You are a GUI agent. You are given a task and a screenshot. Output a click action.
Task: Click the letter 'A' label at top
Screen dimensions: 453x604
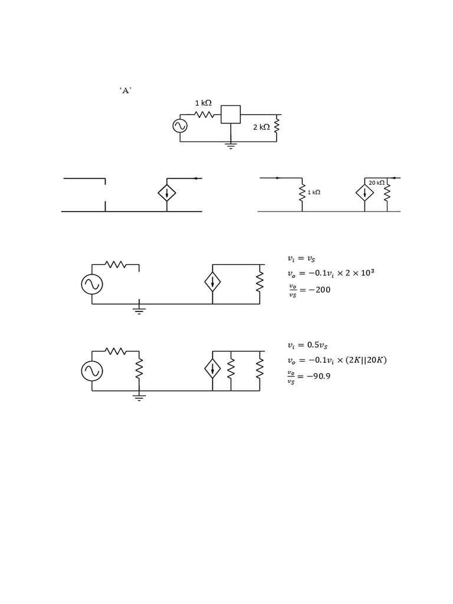tap(125, 91)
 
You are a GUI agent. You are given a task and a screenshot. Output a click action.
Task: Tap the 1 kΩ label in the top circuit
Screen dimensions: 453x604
tap(203, 103)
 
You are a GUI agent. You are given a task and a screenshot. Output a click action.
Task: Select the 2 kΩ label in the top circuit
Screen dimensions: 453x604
tap(261, 127)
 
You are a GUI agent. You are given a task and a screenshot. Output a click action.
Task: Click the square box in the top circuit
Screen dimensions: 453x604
tap(231, 114)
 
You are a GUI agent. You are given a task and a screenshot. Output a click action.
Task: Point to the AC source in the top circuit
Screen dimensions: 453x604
tap(180, 126)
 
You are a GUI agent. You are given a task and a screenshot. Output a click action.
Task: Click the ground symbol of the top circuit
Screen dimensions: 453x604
tap(231, 146)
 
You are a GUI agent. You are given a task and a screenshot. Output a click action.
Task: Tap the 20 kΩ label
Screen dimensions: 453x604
tap(376, 183)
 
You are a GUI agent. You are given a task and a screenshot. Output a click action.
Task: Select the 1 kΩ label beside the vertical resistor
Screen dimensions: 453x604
tap(314, 192)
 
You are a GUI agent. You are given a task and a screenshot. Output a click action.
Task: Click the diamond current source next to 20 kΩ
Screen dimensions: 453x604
tap(365, 193)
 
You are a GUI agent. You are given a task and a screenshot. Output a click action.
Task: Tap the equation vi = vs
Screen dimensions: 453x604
tap(301, 258)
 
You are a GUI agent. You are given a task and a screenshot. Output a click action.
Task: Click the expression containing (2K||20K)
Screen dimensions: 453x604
tap(337, 360)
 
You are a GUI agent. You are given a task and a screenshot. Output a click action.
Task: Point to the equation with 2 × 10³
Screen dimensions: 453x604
tap(331, 273)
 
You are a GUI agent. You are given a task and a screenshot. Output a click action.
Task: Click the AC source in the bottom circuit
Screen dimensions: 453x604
tap(92, 371)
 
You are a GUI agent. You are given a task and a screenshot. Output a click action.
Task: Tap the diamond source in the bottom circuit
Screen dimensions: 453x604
tap(212, 369)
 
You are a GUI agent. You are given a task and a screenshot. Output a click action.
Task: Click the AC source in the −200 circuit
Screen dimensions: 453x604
tap(92, 285)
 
